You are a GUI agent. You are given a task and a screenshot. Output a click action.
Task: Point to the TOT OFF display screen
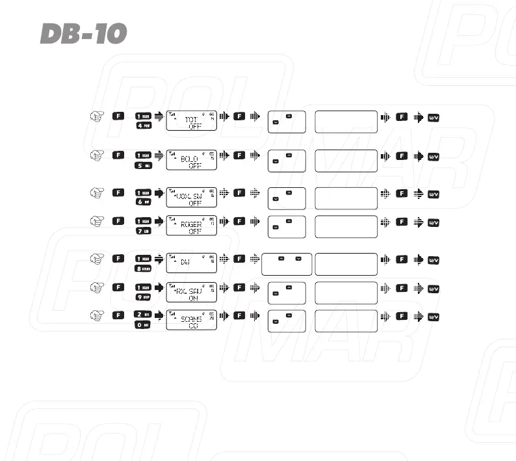coord(192,120)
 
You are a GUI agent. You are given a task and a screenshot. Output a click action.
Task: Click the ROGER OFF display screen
coord(192,226)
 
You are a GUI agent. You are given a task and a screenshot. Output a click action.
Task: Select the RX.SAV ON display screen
coord(192,291)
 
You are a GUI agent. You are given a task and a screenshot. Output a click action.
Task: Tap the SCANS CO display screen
coord(192,319)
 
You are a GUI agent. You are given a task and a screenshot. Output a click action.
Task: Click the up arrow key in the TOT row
coord(289,116)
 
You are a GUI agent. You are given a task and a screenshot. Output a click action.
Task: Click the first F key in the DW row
coord(118,259)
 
